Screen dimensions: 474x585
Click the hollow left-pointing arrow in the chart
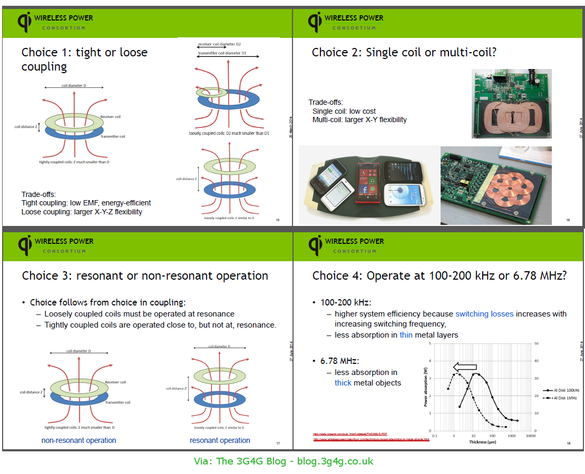pos(465,367)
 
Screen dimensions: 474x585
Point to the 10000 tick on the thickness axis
pos(530,436)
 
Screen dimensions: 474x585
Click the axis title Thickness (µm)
pos(482,442)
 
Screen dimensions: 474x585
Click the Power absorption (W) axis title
pos(426,387)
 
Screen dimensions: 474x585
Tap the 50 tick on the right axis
pos(537,343)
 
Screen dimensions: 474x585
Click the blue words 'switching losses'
pos(484,314)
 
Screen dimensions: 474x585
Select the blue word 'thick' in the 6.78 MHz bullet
pos(343,383)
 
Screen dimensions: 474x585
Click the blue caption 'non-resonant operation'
pos(79,440)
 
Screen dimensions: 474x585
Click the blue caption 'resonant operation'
pos(220,440)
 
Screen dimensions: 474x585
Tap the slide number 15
pos(278,220)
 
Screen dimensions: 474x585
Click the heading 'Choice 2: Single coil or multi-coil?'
pos(404,52)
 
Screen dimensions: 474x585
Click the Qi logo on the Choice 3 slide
pos(25,244)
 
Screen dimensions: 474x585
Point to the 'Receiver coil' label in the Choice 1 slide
pos(110,116)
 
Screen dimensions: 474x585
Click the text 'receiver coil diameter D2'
pos(219,44)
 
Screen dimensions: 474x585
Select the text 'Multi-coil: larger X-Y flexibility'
pos(359,120)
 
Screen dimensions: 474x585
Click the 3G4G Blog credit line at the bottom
pos(284,461)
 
